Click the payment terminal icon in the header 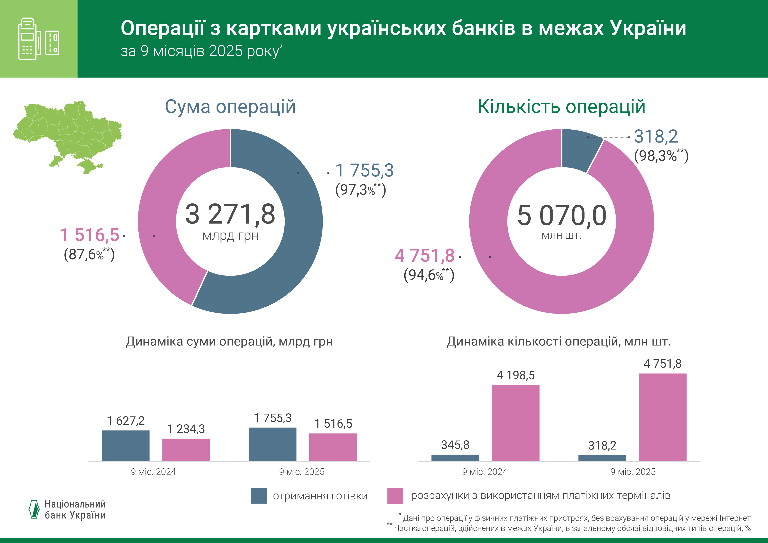[x=39, y=39]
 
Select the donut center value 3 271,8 [x=230, y=214]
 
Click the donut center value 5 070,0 [x=562, y=215]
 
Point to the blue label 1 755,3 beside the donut [x=364, y=170]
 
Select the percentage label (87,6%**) [x=89, y=254]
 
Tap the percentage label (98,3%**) [x=661, y=156]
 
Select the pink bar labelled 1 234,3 [x=186, y=450]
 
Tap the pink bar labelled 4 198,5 [x=515, y=423]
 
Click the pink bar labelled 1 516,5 [x=333, y=447]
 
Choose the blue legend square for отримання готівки [x=259, y=495]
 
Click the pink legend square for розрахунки [x=395, y=495]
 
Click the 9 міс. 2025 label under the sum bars [x=302, y=472]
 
